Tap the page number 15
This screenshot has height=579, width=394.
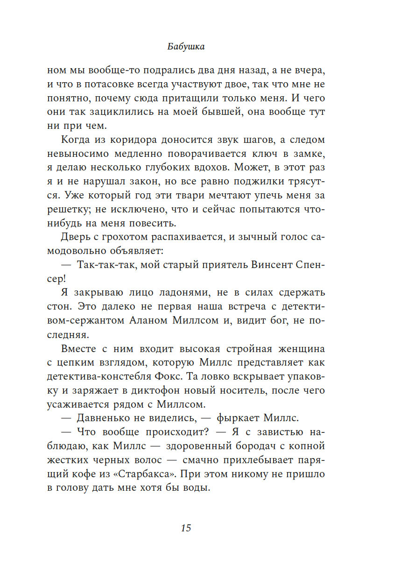(186, 528)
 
